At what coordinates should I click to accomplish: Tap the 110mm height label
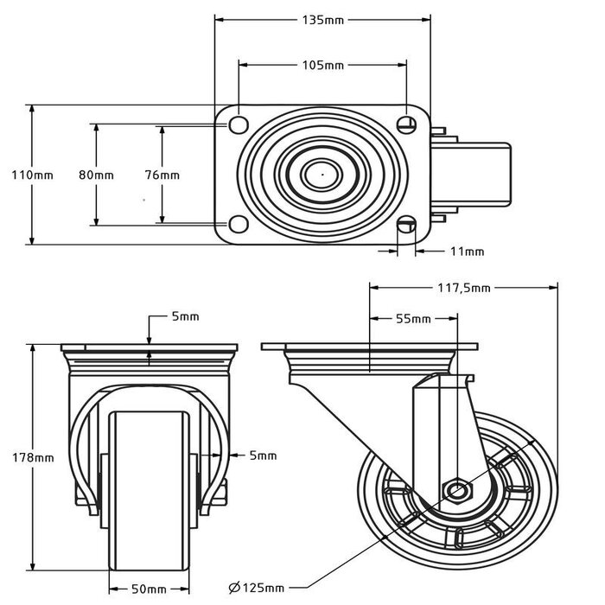click(32, 175)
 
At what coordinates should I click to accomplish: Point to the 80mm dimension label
click(96, 175)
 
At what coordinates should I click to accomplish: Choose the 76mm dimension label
click(162, 175)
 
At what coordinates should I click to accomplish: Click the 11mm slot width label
click(467, 252)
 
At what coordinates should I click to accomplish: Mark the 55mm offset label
click(414, 319)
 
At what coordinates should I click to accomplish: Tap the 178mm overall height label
click(33, 457)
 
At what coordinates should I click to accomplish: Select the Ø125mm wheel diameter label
click(257, 589)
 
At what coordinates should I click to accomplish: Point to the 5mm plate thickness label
click(185, 316)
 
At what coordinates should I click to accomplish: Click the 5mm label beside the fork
click(263, 455)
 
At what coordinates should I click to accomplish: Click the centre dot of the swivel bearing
click(322, 174)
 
